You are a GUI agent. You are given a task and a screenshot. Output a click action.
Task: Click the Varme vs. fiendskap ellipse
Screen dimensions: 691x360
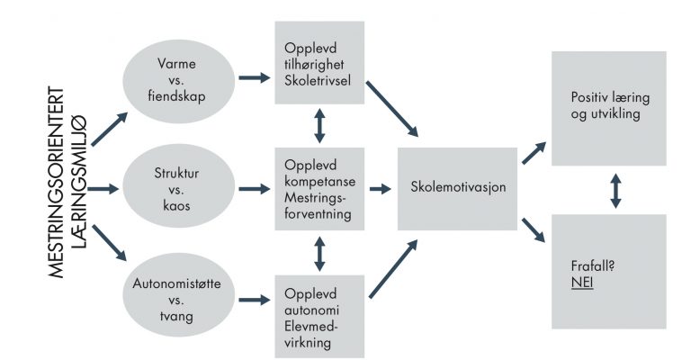178,81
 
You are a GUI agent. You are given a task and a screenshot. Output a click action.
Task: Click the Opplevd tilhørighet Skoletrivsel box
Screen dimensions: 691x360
319,63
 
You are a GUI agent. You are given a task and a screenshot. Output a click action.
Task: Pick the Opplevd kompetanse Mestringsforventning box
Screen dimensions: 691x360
319,189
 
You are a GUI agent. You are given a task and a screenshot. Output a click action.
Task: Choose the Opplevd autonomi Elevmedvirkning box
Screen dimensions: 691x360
319,317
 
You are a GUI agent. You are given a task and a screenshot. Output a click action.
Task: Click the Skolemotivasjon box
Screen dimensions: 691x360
457,189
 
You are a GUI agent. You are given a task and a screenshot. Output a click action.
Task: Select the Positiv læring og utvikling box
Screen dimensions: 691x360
609,108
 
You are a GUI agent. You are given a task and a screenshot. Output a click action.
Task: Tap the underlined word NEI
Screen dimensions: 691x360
582,282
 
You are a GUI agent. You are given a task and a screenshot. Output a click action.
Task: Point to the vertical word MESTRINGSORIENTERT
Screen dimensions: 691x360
56,183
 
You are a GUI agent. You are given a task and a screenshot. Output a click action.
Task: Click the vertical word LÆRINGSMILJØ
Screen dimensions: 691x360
78,182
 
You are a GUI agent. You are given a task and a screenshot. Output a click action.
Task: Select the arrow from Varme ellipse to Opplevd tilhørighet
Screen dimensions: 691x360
255,78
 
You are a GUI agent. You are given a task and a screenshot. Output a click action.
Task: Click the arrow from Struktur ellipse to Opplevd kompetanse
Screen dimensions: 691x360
255,189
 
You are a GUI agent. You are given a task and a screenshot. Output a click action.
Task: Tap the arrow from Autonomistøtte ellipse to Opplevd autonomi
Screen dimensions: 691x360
255,300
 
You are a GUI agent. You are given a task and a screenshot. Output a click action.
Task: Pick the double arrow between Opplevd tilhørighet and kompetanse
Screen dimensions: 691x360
319,126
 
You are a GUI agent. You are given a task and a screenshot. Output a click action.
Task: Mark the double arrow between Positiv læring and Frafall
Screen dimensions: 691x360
615,191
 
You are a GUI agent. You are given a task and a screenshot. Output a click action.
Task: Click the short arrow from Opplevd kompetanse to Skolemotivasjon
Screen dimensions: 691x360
381,189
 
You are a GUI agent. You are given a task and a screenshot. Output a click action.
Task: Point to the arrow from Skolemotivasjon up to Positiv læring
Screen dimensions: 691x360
534,153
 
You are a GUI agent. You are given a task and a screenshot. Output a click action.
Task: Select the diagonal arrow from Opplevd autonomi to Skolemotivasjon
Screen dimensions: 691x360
393,269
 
